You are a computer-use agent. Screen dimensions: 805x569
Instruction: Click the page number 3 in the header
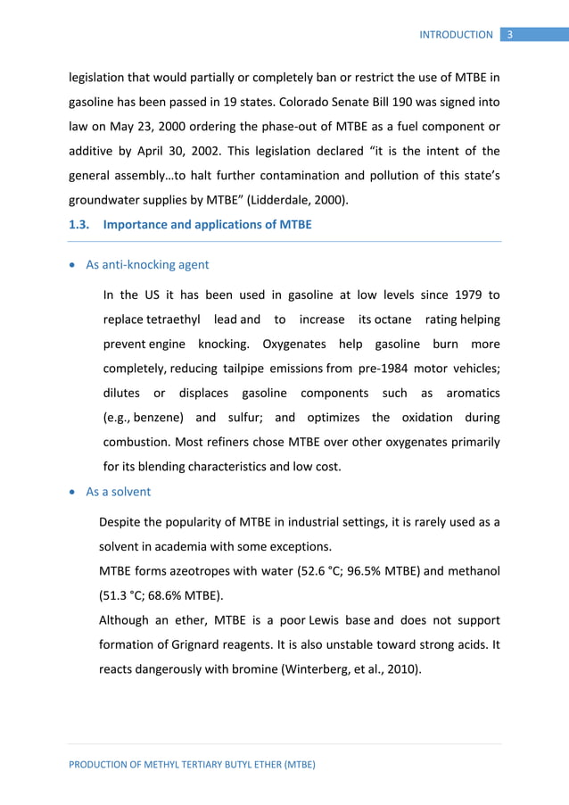[509, 35]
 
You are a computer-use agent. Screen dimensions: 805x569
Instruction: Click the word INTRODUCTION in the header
[456, 35]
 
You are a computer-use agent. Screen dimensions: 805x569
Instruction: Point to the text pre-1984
[388, 369]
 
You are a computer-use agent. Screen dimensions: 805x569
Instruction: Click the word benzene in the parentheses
[161, 418]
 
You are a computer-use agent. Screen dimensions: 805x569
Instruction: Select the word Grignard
[192, 643]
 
